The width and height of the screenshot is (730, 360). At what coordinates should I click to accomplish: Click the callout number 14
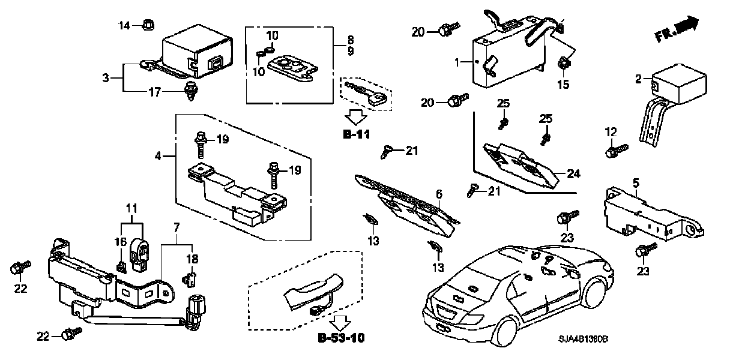tap(124, 25)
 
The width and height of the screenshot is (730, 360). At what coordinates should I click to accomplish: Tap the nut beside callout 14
tap(148, 25)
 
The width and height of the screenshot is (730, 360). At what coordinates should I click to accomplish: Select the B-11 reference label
tap(357, 134)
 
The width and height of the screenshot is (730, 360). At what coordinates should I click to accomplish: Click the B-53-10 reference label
tap(341, 338)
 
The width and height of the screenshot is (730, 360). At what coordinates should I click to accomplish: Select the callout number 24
tap(573, 173)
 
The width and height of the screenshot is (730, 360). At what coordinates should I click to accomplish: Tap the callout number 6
tap(439, 194)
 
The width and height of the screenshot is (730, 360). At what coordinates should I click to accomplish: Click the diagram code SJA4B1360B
tap(583, 339)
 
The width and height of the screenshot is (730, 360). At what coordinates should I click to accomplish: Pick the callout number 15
tap(563, 84)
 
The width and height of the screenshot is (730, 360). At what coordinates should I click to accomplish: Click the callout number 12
tap(611, 132)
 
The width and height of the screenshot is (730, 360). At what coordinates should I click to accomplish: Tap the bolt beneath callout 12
tap(616, 151)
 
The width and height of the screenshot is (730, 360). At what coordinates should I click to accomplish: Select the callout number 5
tap(636, 183)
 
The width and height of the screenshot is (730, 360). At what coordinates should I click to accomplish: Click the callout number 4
tap(158, 157)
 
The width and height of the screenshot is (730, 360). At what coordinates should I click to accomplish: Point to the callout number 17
tap(155, 92)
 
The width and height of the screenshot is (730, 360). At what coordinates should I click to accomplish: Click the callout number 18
tap(192, 259)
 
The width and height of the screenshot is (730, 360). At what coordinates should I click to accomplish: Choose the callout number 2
tap(638, 79)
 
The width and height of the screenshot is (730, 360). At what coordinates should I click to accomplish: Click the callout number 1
tap(457, 62)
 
